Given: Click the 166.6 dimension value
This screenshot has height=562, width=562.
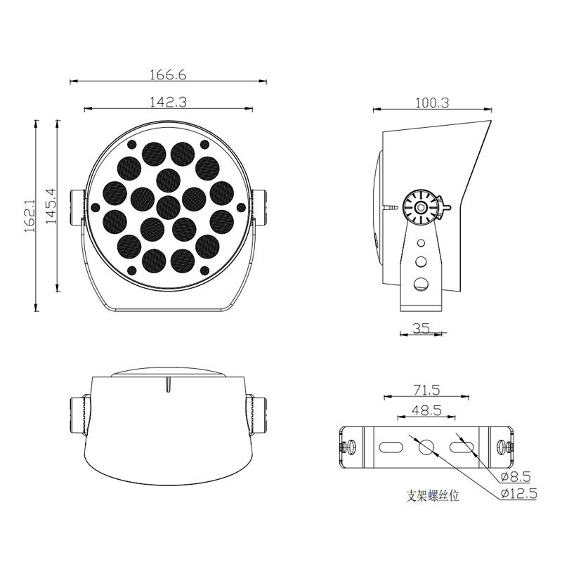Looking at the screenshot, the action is pyautogui.click(x=168, y=75).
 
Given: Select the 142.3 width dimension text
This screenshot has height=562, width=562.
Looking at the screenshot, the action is pyautogui.click(x=168, y=103).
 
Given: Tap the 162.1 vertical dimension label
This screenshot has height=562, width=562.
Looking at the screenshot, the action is pyautogui.click(x=30, y=216).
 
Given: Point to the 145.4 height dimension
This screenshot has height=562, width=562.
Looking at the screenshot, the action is pyautogui.click(x=51, y=206).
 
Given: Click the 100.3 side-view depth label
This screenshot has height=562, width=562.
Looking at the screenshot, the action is pyautogui.click(x=432, y=103).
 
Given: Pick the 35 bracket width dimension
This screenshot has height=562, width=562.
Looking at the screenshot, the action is pyautogui.click(x=421, y=328).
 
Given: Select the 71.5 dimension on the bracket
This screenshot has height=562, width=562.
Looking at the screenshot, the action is pyautogui.click(x=426, y=390).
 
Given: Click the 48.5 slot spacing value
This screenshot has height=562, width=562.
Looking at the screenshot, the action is pyautogui.click(x=426, y=410).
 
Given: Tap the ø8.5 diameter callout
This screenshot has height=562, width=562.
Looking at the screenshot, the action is pyautogui.click(x=516, y=477).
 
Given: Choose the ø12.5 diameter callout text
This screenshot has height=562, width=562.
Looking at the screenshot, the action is pyautogui.click(x=518, y=494).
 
